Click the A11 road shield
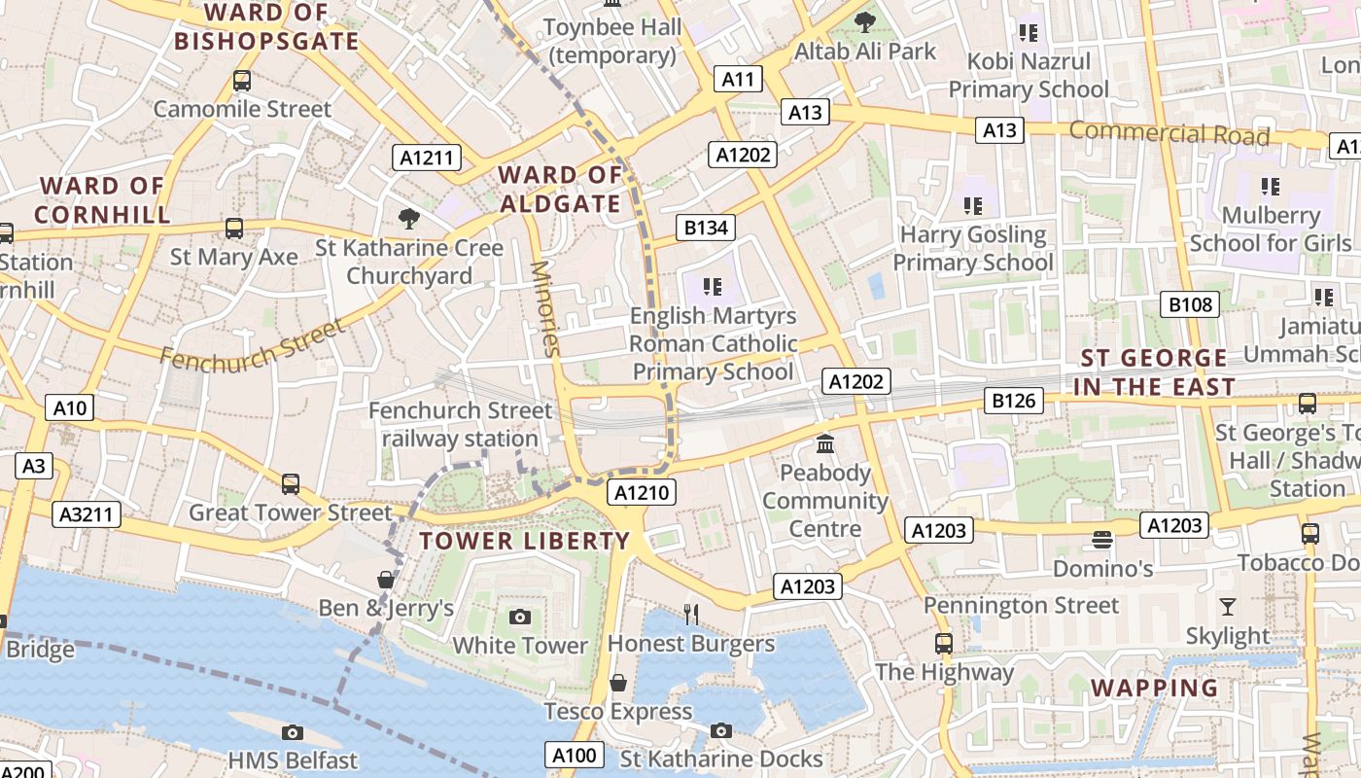[x=738, y=79]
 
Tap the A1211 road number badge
[x=427, y=158]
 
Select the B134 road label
[x=706, y=228]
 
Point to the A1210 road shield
[x=642, y=493]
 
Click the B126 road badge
[x=1016, y=400]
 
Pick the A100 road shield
[x=575, y=755]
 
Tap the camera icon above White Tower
[x=520, y=617]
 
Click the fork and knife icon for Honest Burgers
[x=691, y=614]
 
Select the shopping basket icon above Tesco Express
[x=617, y=683]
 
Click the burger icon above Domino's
[x=1101, y=539]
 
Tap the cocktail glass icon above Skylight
[x=1228, y=607]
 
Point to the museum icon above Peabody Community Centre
[x=825, y=444]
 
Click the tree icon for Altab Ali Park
[x=864, y=21]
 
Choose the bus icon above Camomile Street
[x=242, y=81]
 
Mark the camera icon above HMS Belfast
[x=293, y=732]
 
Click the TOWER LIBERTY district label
[x=525, y=542]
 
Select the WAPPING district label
[x=1154, y=688]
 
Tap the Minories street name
[x=546, y=308]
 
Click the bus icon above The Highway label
[x=944, y=643]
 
